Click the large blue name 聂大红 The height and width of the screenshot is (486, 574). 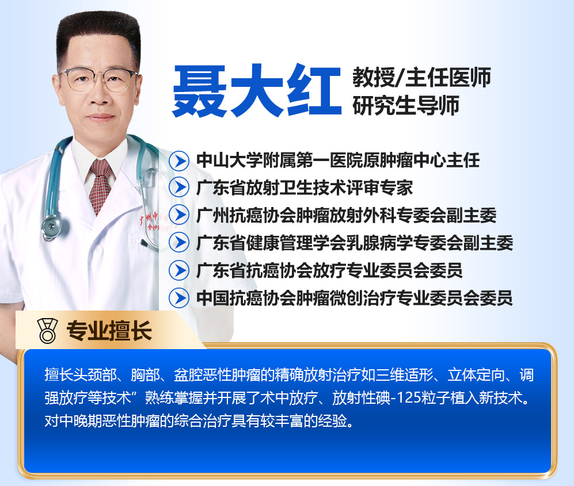[257, 91]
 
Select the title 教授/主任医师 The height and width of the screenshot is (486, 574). [421, 78]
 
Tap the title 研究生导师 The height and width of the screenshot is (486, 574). [406, 105]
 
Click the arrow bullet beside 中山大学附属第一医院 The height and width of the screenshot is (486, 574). [179, 160]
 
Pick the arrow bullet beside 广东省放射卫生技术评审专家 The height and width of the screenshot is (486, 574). [179, 187]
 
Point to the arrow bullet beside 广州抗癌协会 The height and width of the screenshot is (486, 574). [179, 215]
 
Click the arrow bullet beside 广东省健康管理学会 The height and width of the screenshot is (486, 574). [179, 243]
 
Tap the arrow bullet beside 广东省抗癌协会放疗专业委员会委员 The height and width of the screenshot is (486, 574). [179, 270]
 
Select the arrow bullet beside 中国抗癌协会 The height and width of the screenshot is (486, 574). [179, 298]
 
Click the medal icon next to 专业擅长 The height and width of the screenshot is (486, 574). [48, 331]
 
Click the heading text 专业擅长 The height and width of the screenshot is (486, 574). [109, 331]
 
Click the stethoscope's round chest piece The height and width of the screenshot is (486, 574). [51, 226]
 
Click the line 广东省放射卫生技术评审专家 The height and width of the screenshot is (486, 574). [305, 188]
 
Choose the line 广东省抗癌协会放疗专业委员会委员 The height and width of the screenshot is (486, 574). [329, 271]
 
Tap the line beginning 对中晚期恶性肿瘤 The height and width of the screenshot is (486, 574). [200, 421]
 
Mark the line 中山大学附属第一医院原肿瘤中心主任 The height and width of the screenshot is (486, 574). [338, 160]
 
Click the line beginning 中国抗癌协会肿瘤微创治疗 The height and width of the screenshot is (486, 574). [354, 298]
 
